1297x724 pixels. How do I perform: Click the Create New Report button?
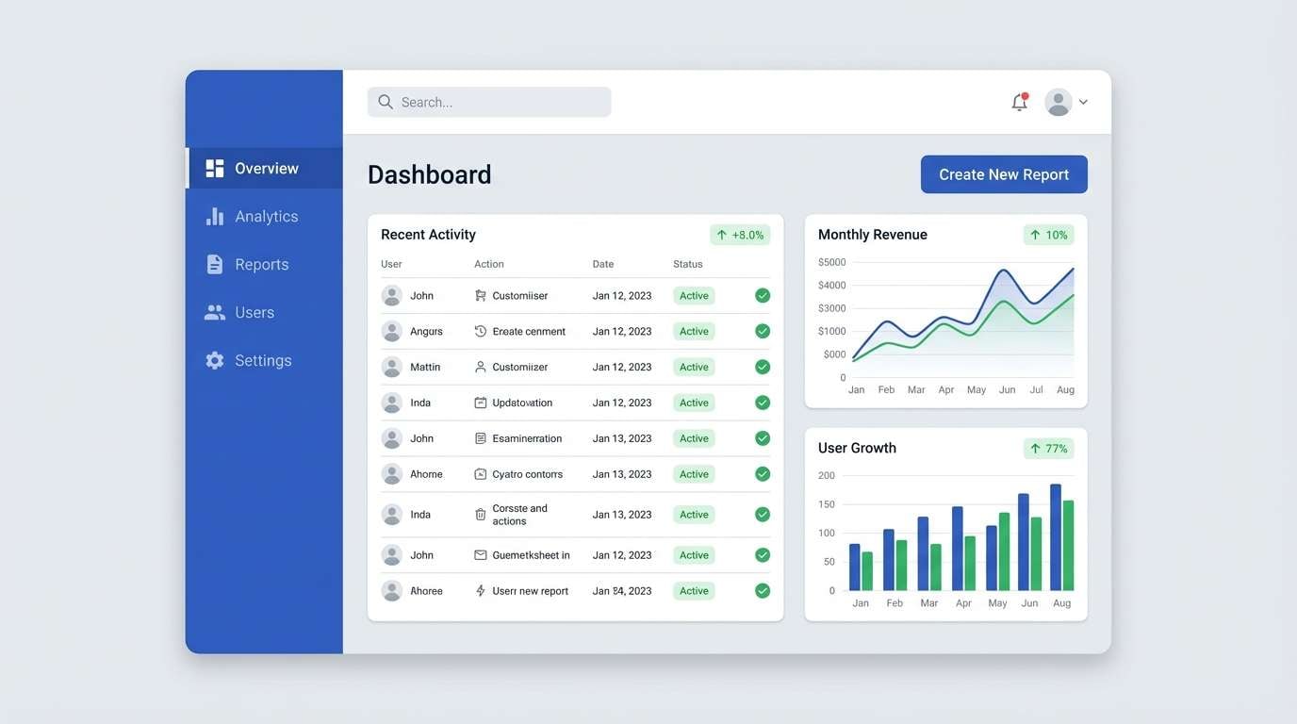[x=1003, y=174]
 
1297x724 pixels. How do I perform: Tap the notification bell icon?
[x=1019, y=102]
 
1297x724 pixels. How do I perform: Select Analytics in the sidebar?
[x=266, y=216]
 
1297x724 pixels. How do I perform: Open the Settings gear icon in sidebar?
[x=215, y=360]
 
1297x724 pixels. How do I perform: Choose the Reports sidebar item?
[x=261, y=264]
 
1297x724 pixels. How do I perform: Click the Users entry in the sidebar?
[x=254, y=312]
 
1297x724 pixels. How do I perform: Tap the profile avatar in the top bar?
[x=1059, y=102]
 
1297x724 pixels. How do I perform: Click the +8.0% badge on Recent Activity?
[x=740, y=235]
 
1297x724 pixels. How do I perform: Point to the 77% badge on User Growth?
[x=1048, y=449]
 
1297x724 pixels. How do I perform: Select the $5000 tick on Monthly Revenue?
[x=831, y=262]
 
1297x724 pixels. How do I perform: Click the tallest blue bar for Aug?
[x=1056, y=537]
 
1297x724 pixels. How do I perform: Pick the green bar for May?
[x=1004, y=551]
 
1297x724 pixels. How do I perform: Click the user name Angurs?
[x=426, y=331]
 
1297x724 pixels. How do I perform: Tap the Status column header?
[x=687, y=264]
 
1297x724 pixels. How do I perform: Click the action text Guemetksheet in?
[x=531, y=555]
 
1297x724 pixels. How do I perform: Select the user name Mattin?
[x=425, y=367]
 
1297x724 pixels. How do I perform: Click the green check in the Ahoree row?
[x=763, y=591]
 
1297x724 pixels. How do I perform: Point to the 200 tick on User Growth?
[x=826, y=475]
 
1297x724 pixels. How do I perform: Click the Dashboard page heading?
[x=429, y=174]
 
